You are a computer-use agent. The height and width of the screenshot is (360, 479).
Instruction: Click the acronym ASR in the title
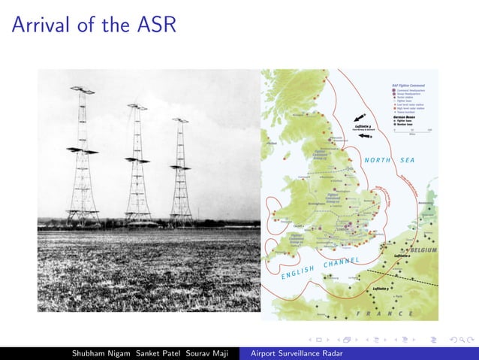click(x=155, y=25)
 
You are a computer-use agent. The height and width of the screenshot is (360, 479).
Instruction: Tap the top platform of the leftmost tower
click(x=83, y=91)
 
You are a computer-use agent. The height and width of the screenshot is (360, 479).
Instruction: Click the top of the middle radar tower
click(x=137, y=107)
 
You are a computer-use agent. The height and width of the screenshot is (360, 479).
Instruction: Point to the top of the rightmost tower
click(x=180, y=120)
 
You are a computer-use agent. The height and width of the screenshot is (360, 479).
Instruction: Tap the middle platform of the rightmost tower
click(x=180, y=166)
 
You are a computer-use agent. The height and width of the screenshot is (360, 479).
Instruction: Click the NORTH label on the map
click(x=377, y=160)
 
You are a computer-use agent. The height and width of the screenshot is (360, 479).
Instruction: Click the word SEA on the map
click(x=408, y=160)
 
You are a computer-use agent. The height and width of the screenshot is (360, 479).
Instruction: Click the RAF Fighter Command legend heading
click(x=409, y=86)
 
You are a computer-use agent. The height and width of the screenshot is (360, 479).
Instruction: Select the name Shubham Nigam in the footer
click(x=97, y=352)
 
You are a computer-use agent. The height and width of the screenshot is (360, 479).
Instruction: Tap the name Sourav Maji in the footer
click(x=209, y=352)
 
